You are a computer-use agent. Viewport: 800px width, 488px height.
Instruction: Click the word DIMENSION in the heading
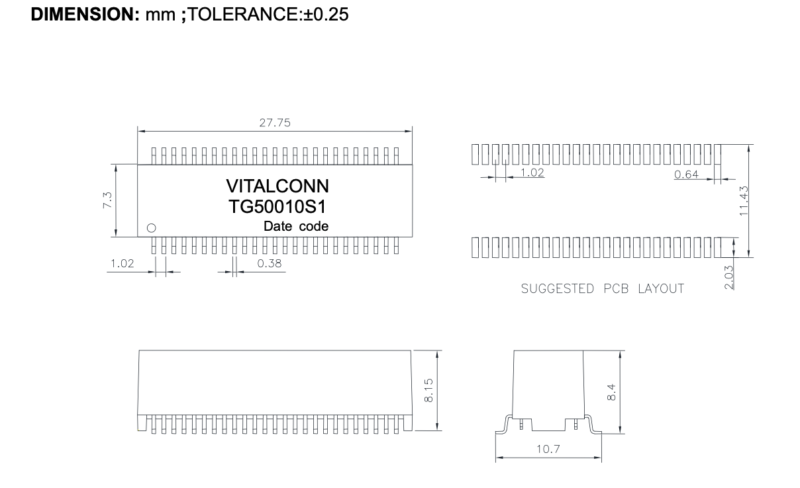pos(85,15)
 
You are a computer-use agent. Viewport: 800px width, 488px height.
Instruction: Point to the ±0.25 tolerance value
pos(326,15)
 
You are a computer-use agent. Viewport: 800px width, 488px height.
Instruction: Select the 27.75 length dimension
pos(275,123)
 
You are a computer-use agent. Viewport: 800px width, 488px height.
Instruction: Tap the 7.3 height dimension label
pos(107,200)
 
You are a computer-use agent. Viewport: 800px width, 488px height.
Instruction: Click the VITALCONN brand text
pos(277,186)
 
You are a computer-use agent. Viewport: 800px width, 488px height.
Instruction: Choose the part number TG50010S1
pos(277,207)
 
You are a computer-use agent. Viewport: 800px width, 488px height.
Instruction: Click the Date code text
pos(296,226)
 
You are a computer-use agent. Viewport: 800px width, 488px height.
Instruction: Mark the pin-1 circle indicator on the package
pos(152,228)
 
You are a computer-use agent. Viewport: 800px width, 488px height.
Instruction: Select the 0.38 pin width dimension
pos(270,264)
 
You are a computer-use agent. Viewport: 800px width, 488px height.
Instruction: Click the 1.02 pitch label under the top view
pos(122,264)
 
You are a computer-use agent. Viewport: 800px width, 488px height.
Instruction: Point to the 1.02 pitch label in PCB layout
pos(532,173)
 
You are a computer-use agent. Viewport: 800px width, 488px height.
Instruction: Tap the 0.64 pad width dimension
pos(686,175)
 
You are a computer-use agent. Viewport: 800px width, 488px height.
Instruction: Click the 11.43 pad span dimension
pos(744,200)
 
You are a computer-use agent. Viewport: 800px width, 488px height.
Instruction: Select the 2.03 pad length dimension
pos(729,277)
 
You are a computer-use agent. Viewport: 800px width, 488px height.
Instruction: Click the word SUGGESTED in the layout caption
pos(557,288)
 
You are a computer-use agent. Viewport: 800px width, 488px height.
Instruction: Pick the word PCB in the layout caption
pos(616,288)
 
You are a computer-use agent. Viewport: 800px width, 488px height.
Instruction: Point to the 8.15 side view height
pos(428,390)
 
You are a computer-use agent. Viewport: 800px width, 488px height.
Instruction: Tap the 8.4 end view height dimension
pos(611,392)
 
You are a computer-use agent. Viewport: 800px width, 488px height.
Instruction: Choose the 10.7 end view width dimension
pos(548,449)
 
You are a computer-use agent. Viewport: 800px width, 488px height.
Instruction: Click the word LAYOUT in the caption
pos(661,288)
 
